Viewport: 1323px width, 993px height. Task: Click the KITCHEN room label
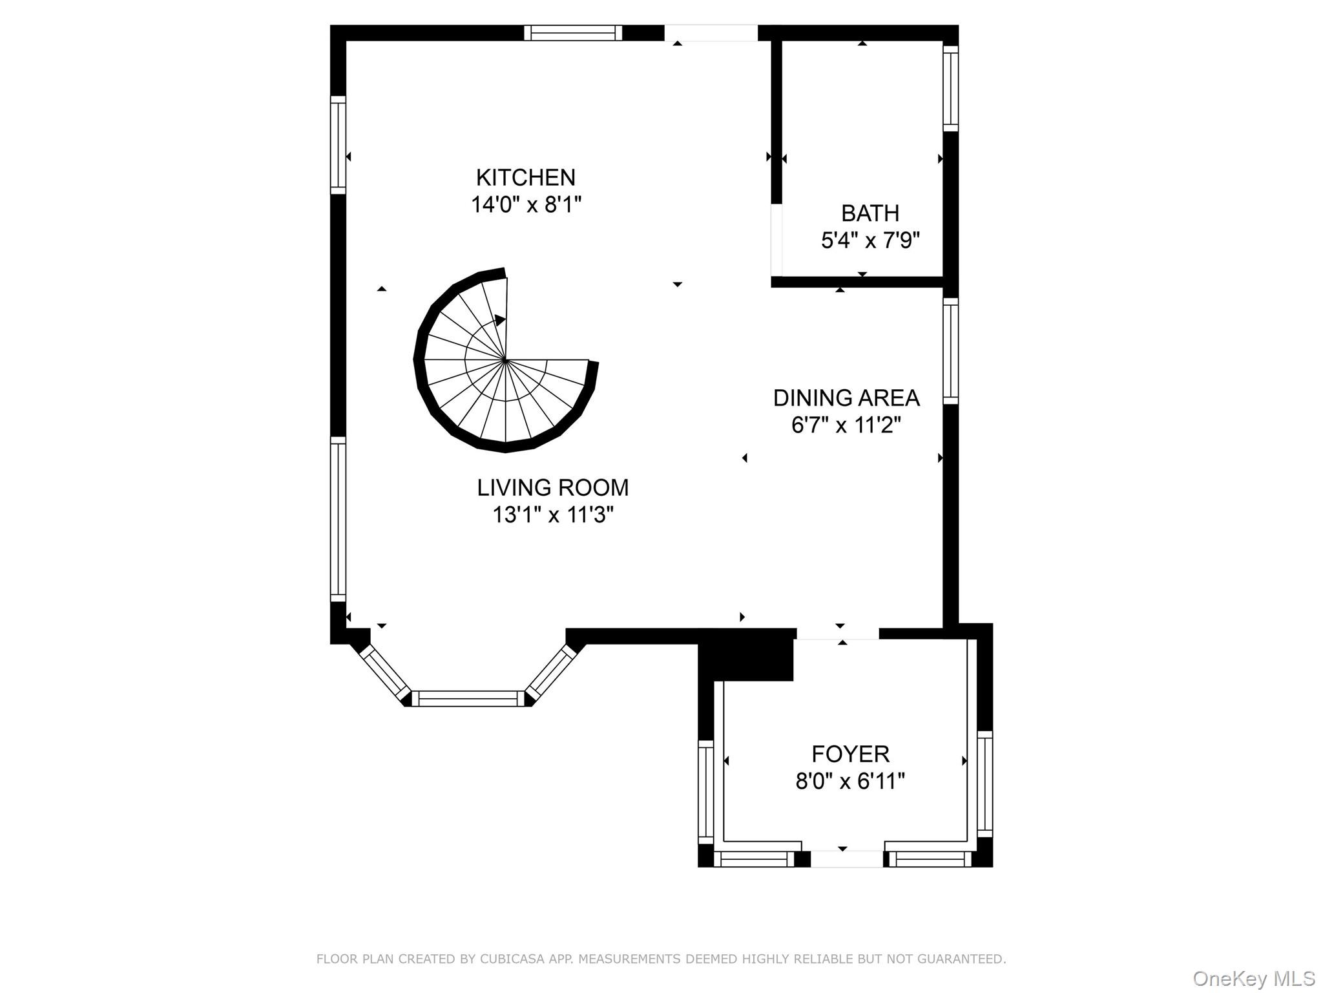pyautogui.click(x=526, y=177)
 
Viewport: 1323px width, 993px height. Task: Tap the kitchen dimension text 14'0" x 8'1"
pyautogui.click(x=526, y=205)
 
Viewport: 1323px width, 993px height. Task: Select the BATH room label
pyautogui.click(x=870, y=213)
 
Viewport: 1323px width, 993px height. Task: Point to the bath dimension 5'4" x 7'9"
pyautogui.click(x=870, y=240)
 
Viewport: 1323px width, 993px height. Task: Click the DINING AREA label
pyautogui.click(x=846, y=398)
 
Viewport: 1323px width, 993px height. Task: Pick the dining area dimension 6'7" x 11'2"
pyautogui.click(x=846, y=425)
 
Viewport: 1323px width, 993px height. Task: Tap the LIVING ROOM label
pyautogui.click(x=553, y=487)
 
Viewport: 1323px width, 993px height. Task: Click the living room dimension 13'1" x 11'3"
pyautogui.click(x=553, y=515)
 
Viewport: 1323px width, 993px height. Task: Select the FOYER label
pyautogui.click(x=850, y=754)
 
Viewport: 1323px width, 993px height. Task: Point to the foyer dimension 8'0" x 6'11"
pyautogui.click(x=850, y=782)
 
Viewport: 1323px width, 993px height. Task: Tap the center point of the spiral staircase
pyautogui.click(x=505, y=359)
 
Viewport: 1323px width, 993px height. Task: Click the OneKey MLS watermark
pyautogui.click(x=1254, y=978)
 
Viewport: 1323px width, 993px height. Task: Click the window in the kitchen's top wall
pyautogui.click(x=573, y=33)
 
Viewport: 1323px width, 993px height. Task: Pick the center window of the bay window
pyautogui.click(x=468, y=698)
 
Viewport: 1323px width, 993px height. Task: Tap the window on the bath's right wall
pyautogui.click(x=950, y=89)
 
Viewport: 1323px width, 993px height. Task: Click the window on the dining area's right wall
pyautogui.click(x=950, y=351)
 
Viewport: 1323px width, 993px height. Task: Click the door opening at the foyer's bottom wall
pyautogui.click(x=847, y=859)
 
